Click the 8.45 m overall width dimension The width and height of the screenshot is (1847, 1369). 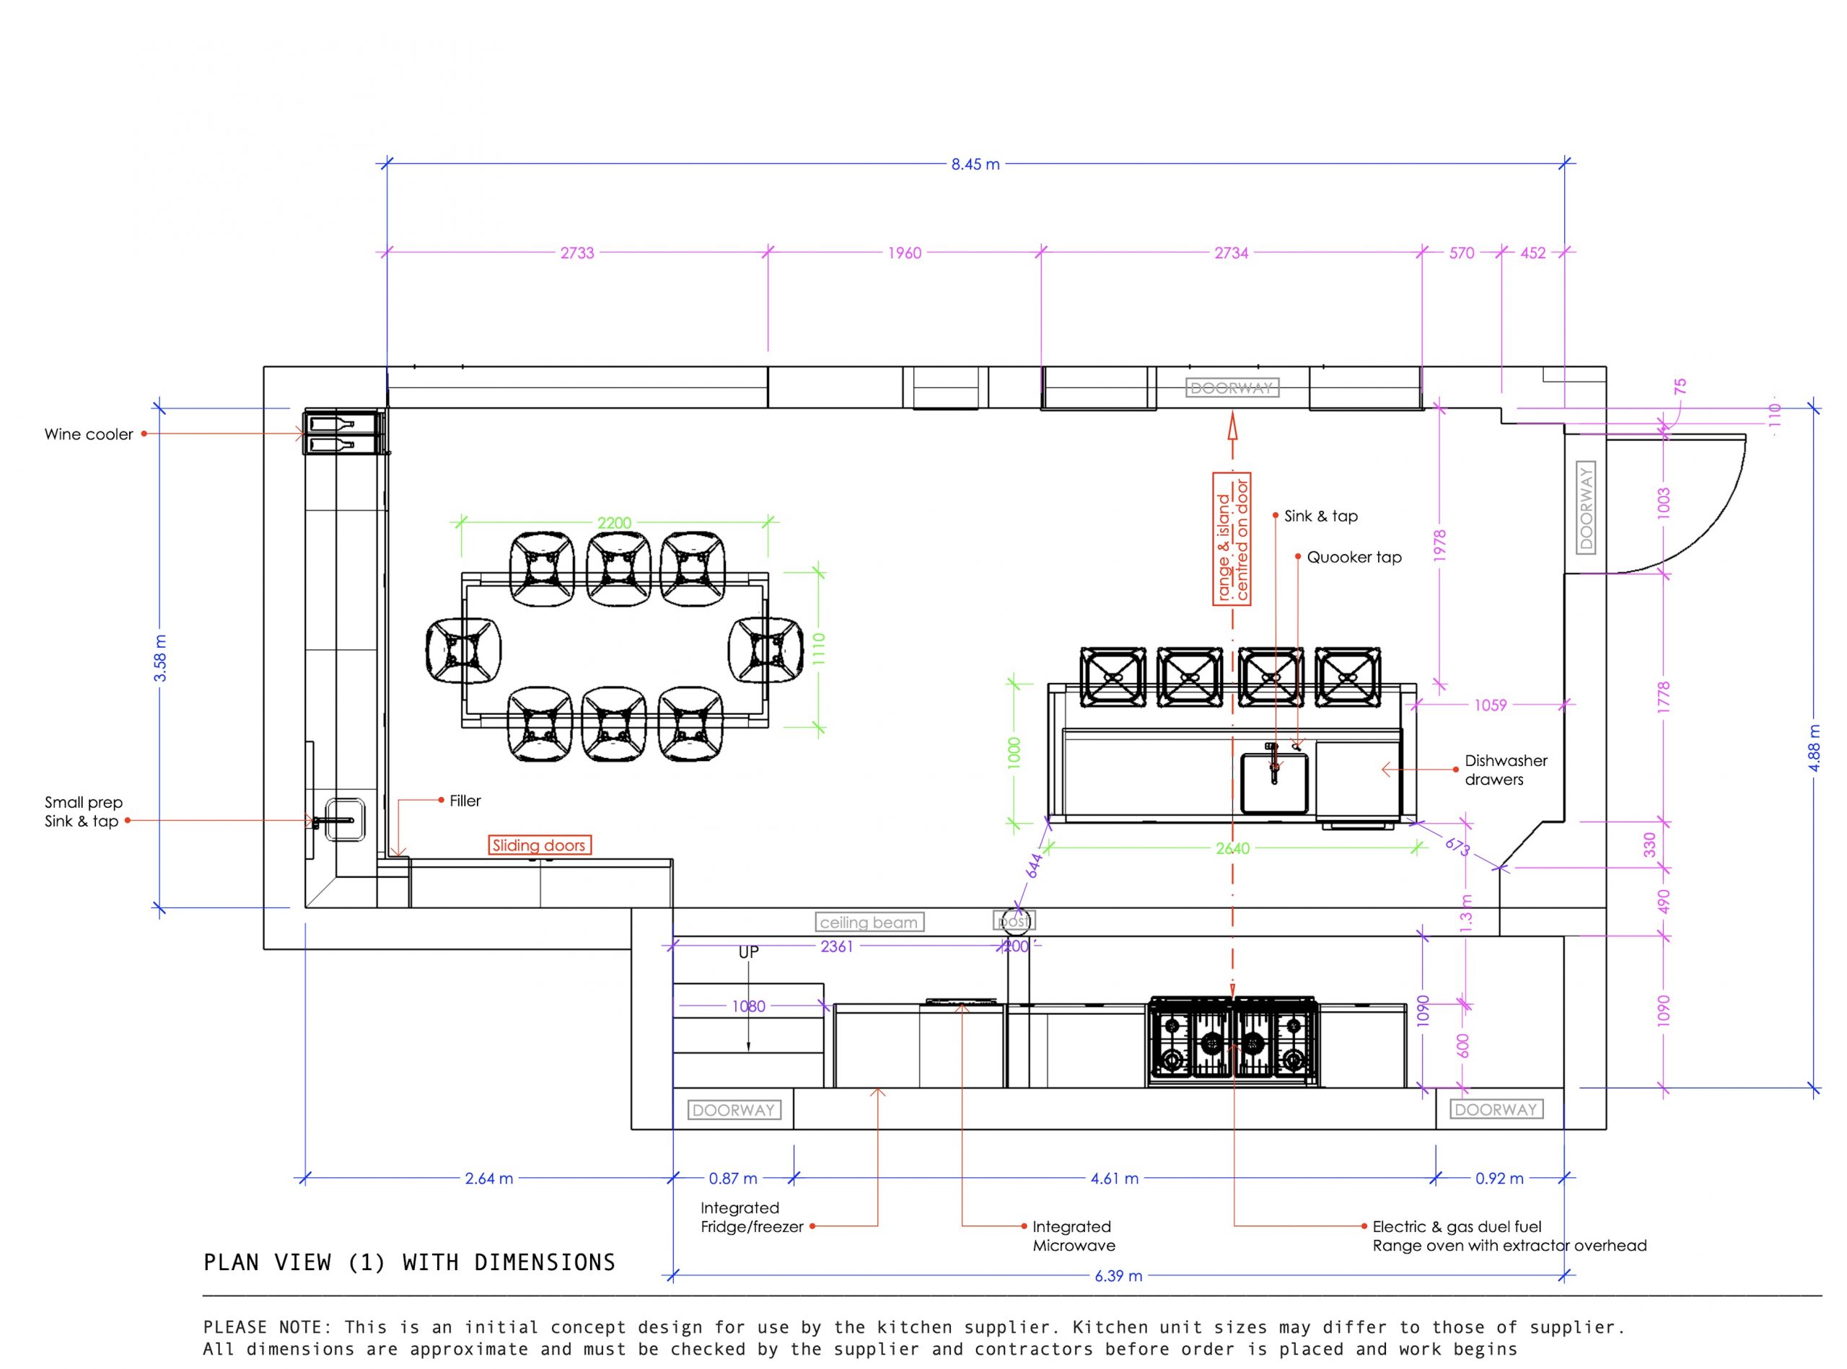point(975,164)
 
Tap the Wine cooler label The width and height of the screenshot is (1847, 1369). point(89,434)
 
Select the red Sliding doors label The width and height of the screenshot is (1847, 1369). point(539,845)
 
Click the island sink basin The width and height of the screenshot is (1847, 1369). point(1274,783)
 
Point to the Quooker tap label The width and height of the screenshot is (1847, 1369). point(1354,558)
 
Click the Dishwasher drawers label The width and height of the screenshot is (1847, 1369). point(1506,770)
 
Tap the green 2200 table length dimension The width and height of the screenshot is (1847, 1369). point(614,523)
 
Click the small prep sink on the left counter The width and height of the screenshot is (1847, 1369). point(344,819)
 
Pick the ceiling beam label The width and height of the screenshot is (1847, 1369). point(868,923)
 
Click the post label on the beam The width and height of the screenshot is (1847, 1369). point(1014,920)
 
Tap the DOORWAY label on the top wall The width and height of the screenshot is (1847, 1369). point(1232,388)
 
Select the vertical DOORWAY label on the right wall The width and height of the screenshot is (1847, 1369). point(1585,508)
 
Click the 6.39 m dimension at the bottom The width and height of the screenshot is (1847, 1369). point(1118,1276)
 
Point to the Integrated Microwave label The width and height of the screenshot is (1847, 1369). point(1073,1236)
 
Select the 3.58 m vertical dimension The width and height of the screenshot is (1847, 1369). point(161,658)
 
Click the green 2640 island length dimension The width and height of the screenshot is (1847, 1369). point(1233,848)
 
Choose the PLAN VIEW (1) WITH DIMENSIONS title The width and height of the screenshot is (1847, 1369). point(410,1262)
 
